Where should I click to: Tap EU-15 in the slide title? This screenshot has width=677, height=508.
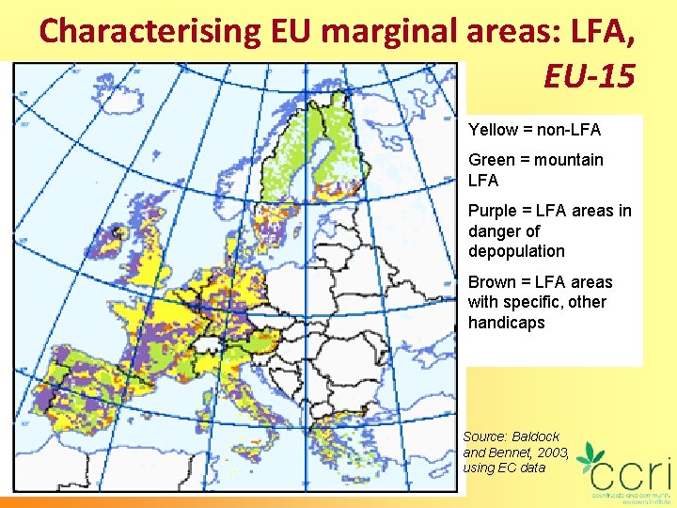(589, 75)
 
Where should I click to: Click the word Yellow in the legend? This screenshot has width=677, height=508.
(493, 130)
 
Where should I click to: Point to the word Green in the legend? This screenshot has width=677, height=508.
(491, 160)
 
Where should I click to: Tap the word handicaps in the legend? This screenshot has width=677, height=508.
(506, 323)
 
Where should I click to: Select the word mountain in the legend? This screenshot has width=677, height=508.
(568, 160)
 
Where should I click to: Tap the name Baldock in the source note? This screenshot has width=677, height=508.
(536, 437)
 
